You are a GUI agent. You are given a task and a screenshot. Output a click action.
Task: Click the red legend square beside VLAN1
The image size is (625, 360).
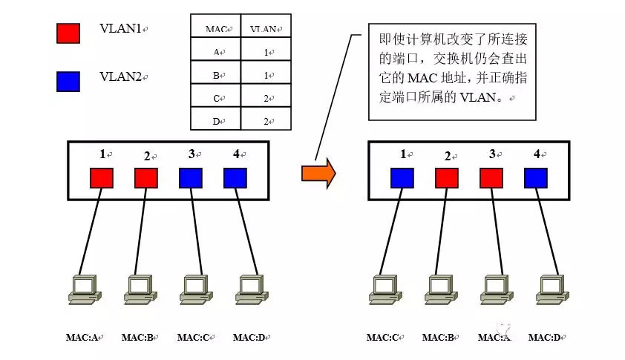click(x=68, y=33)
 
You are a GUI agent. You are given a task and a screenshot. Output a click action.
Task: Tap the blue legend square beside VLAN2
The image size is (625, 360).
click(x=68, y=81)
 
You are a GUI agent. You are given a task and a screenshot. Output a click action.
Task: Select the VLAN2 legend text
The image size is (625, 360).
click(x=121, y=76)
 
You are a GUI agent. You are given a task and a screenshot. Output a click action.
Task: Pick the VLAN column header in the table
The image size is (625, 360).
click(x=265, y=30)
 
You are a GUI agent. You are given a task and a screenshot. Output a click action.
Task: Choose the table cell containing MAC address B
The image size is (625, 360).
click(x=216, y=75)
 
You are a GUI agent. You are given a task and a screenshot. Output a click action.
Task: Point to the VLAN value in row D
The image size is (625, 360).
click(x=266, y=120)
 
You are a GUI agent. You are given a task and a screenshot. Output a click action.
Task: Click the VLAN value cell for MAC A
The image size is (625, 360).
click(x=266, y=52)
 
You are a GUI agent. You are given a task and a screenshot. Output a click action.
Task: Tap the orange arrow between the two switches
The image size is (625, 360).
click(x=318, y=173)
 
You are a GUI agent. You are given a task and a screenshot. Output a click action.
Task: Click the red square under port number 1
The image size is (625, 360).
click(x=102, y=178)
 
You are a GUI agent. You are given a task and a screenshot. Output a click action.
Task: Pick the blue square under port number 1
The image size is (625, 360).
click(x=402, y=178)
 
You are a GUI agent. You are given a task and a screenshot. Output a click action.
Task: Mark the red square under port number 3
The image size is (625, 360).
click(x=491, y=178)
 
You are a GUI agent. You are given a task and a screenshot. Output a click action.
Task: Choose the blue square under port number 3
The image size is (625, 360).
click(x=191, y=178)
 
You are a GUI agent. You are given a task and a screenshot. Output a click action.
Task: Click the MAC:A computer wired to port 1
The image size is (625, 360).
click(x=82, y=289)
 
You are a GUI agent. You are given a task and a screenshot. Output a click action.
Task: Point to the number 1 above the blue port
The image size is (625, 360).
click(x=403, y=154)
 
